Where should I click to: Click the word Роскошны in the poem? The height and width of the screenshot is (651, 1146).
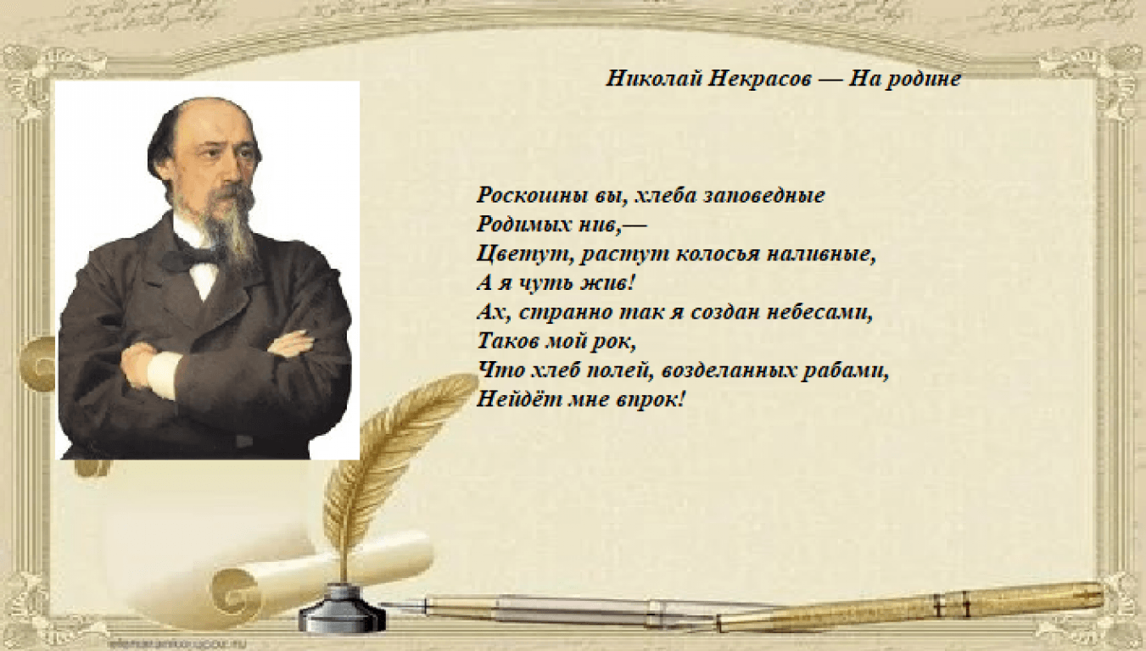[x=532, y=195]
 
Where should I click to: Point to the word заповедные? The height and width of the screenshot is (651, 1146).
[x=764, y=195]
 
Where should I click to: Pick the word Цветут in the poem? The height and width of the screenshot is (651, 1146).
[x=523, y=254]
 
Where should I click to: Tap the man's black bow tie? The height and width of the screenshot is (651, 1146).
[x=190, y=257]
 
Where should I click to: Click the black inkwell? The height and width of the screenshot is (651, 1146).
[x=341, y=609]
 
